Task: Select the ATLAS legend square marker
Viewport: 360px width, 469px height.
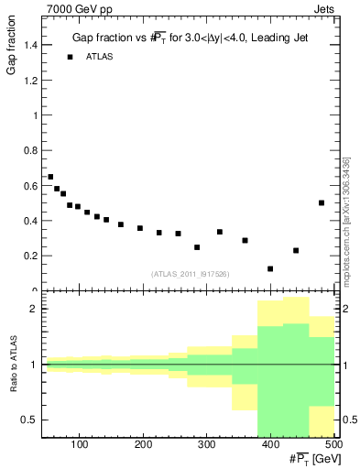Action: [x=70, y=57]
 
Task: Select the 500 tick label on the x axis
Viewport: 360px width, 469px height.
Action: [x=333, y=444]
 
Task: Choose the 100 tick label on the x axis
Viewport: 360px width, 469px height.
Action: [x=80, y=444]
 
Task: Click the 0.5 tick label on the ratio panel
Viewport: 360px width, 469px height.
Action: [x=28, y=420]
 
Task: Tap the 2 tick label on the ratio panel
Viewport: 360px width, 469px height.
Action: [x=33, y=310]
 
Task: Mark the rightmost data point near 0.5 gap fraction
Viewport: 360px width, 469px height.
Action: [x=322, y=203]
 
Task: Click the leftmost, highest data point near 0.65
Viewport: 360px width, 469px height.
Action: [x=50, y=177]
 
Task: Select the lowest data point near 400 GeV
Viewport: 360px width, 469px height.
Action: [x=270, y=268]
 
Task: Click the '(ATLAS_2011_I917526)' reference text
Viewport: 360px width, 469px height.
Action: [x=189, y=273]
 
